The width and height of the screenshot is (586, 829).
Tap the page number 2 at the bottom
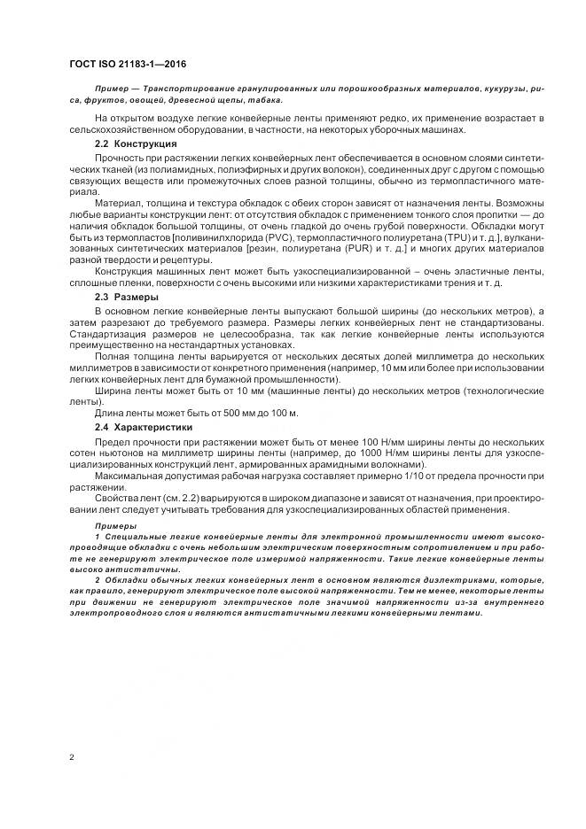[x=71, y=757]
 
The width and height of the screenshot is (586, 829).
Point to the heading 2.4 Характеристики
[x=144, y=427]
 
